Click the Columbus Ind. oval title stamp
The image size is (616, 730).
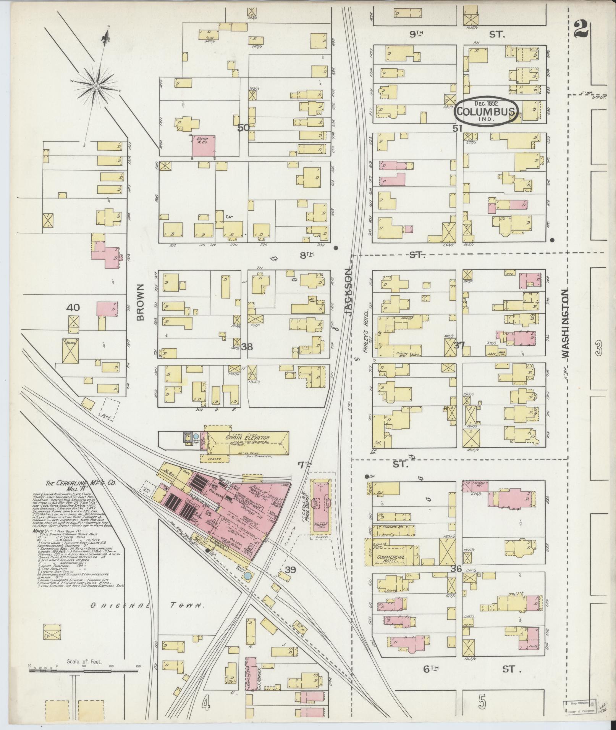[486, 111]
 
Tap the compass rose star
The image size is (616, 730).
[96, 86]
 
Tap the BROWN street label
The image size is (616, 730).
[140, 302]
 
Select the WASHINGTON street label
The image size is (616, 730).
[565, 323]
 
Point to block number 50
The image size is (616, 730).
[243, 127]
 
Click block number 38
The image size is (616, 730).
[247, 346]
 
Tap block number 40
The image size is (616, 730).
[73, 307]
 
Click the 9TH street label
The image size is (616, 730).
[416, 34]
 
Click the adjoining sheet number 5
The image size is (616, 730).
[482, 701]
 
